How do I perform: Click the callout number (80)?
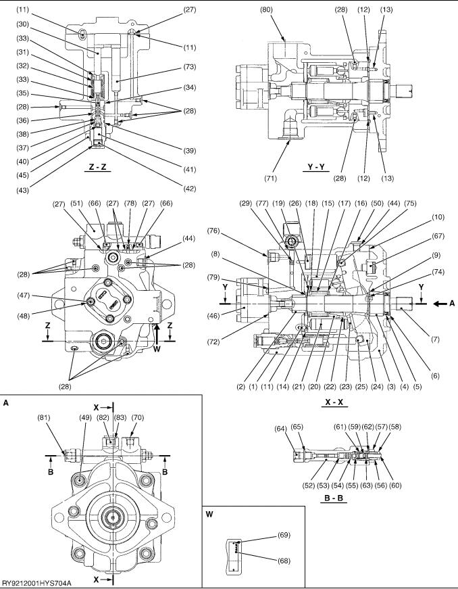click(x=266, y=9)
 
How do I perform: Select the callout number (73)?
click(x=190, y=67)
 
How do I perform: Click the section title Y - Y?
click(x=316, y=167)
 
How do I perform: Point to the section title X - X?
click(x=334, y=402)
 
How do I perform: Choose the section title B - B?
click(x=334, y=498)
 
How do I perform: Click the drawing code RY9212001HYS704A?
click(x=36, y=583)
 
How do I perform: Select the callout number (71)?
click(x=270, y=179)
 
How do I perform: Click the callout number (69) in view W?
click(x=284, y=535)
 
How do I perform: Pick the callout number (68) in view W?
click(x=284, y=561)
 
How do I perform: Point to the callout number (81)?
click(x=43, y=417)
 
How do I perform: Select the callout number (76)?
click(x=214, y=231)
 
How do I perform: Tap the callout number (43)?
click(x=22, y=191)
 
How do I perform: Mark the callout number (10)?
click(x=438, y=217)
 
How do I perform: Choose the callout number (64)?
click(x=280, y=428)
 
